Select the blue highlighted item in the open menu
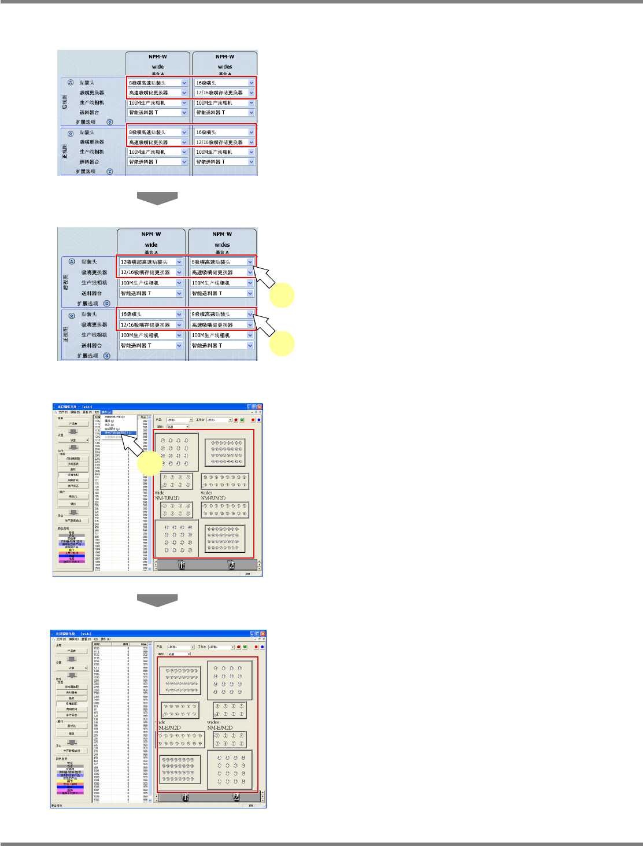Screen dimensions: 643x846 pos(119,433)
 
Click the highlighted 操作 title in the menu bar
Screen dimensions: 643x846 pos(106,412)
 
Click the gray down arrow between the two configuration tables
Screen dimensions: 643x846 pos(157,198)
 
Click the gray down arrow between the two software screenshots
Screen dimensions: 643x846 pos(157,600)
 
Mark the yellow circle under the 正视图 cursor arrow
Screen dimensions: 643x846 pos(282,344)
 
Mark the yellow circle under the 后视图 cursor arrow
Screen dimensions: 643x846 pos(282,295)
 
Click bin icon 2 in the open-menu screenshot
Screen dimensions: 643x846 pos(231,565)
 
